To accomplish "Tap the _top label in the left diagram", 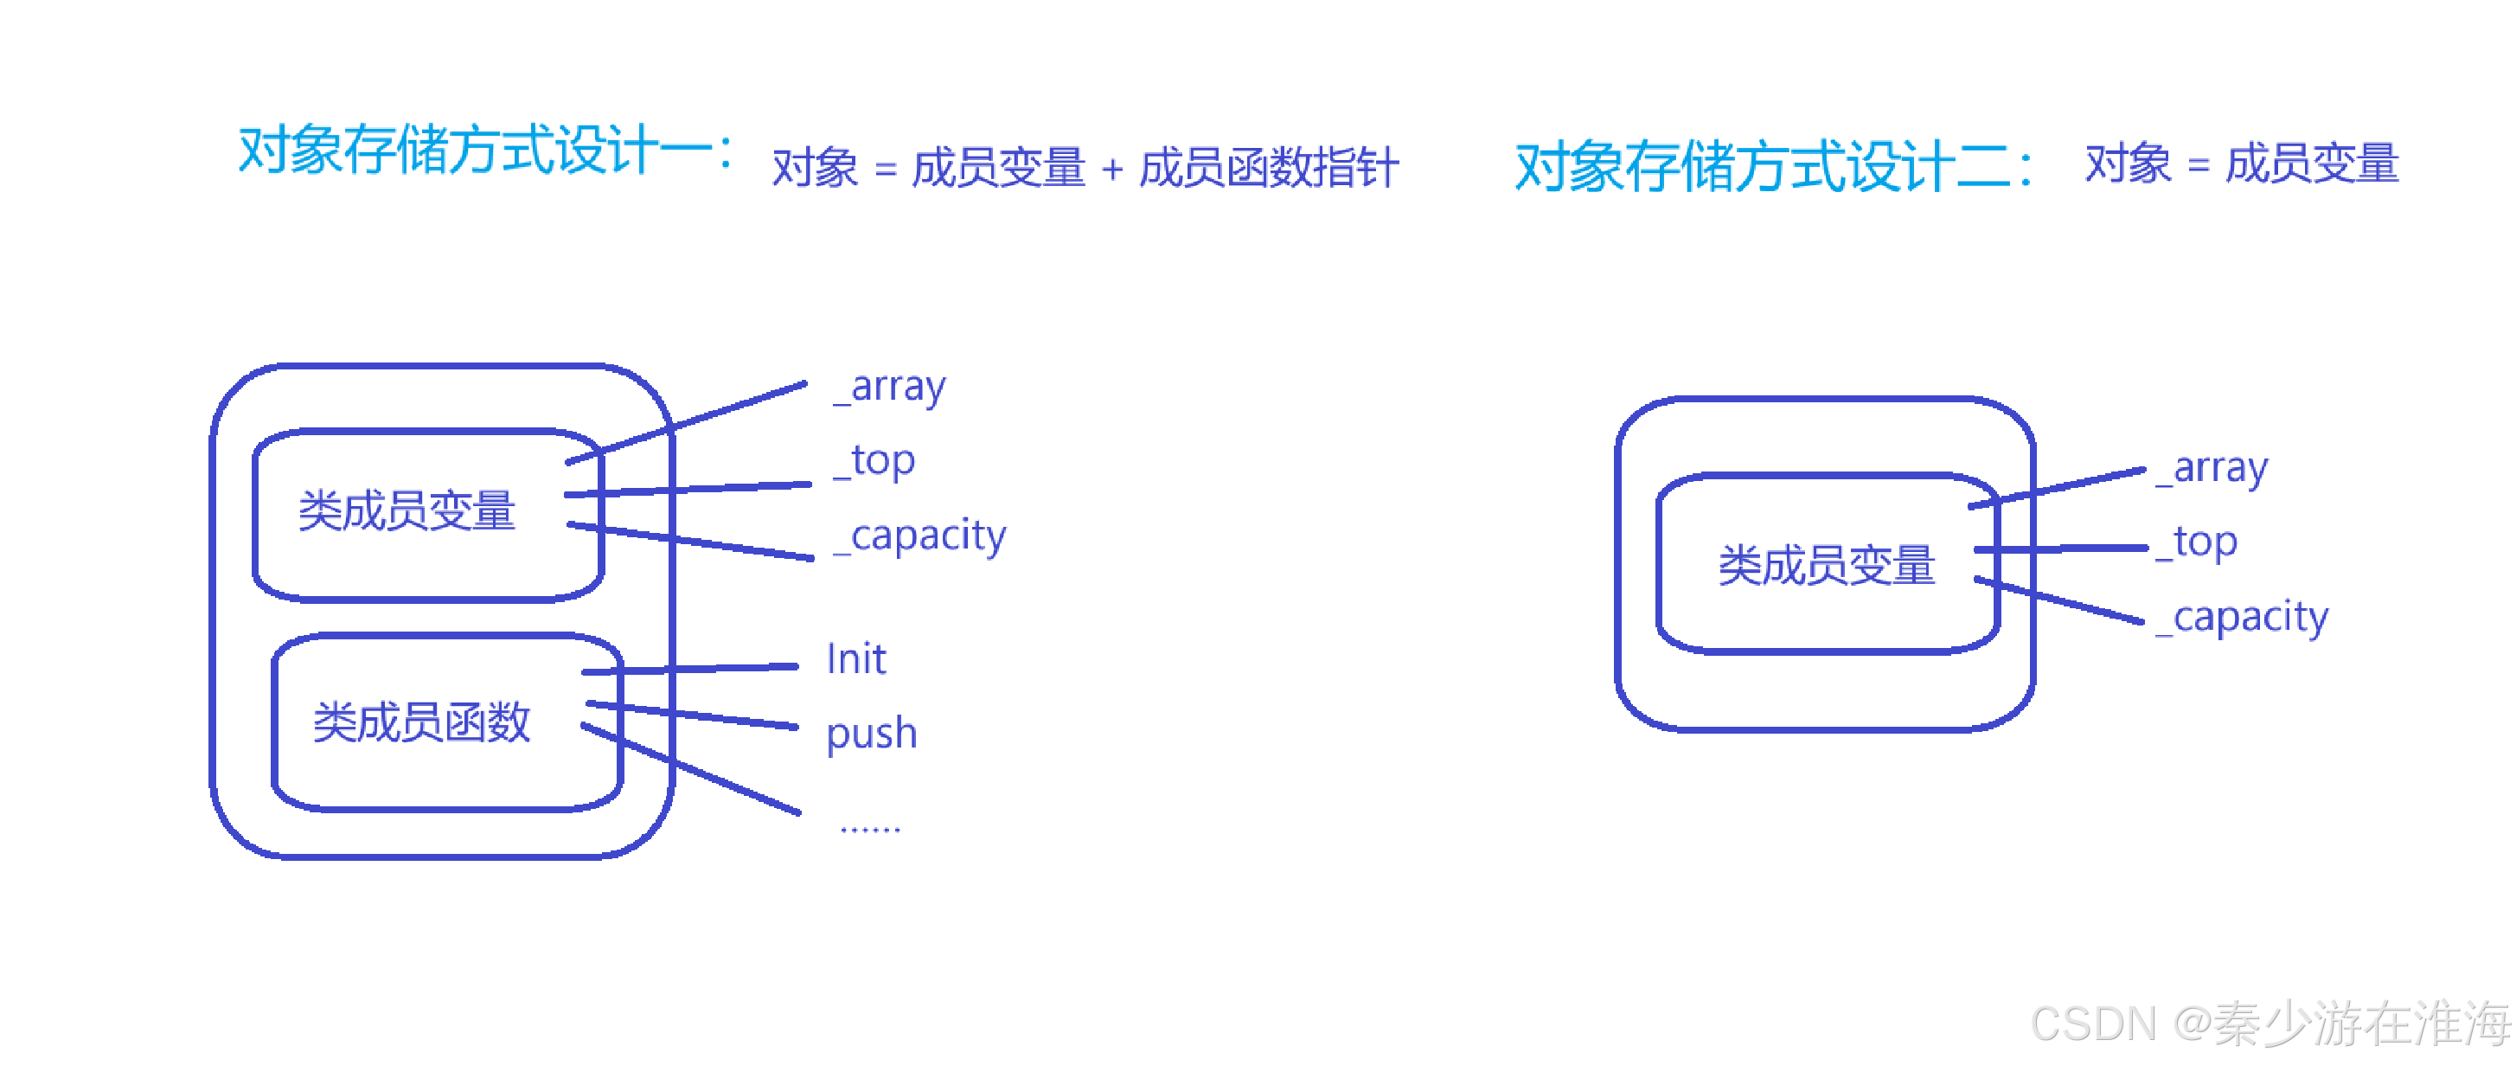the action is coord(875,460).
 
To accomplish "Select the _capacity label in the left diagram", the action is coord(920,536).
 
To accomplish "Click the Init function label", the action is coord(855,659).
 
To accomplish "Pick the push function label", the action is coord(871,733).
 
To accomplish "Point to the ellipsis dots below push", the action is coord(869,829).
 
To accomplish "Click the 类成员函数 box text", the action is coord(421,723).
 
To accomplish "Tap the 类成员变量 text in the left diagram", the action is coord(407,511).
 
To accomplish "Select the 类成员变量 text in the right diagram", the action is coord(1827,566).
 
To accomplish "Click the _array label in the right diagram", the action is coord(2212,468).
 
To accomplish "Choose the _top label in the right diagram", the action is coord(2197,542).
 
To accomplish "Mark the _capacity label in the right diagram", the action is coord(2243,618).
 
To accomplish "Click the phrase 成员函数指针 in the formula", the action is coord(1269,168).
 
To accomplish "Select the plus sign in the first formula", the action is coord(1111,170).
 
